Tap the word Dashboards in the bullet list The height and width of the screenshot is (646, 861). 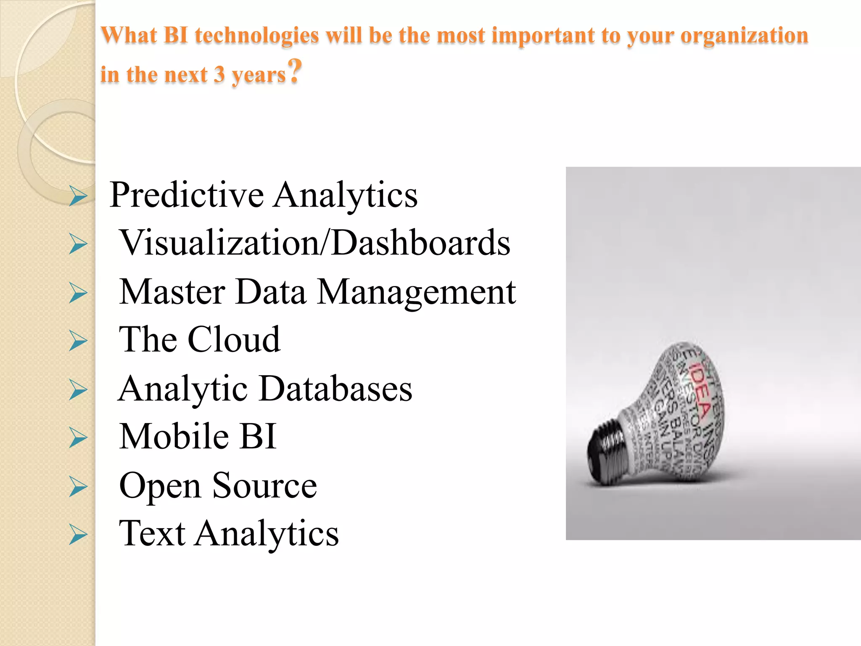[421, 243]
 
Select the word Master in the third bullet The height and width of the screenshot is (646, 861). [172, 292]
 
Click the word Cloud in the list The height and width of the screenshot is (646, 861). [234, 339]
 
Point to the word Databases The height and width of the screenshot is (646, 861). [335, 389]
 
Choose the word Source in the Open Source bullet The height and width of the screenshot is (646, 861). [264, 485]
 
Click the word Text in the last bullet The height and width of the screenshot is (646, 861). [152, 533]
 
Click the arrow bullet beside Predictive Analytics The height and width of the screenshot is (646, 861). [78, 196]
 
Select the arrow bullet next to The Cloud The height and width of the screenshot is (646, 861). [78, 340]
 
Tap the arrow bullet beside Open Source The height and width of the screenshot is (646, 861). [78, 487]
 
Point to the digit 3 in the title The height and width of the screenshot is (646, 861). [219, 74]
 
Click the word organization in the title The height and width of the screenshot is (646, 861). [744, 35]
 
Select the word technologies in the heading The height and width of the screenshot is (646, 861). [257, 35]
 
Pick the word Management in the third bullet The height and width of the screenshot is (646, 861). [416, 292]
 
